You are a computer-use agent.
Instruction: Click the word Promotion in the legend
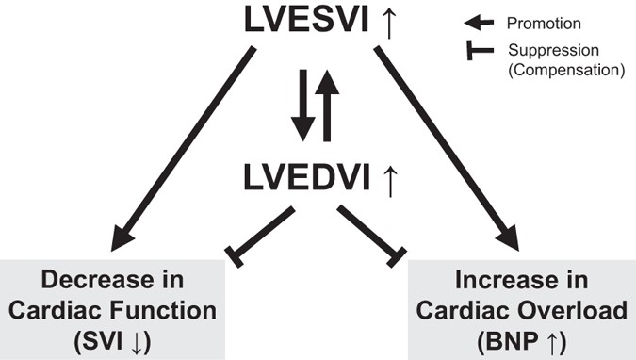click(530, 20)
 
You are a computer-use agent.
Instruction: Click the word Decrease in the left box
click(83, 281)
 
